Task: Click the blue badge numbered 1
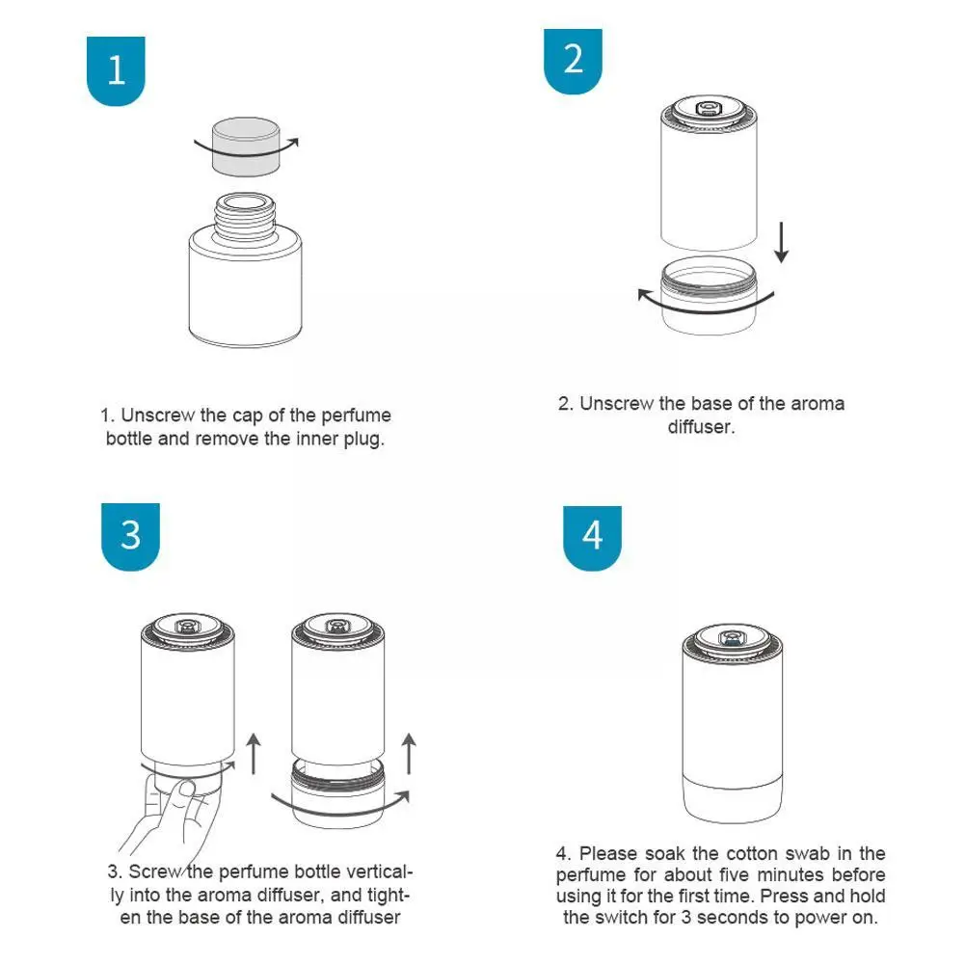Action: point(116,70)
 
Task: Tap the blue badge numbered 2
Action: point(573,61)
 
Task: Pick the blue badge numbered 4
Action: point(592,538)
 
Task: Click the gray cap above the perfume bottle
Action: point(246,147)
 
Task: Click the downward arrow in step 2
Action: point(781,243)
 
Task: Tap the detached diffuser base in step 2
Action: point(709,296)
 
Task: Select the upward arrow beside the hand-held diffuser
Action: point(254,753)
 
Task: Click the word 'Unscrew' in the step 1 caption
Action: point(157,415)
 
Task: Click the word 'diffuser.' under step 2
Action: point(701,426)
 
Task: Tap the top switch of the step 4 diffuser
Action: point(732,639)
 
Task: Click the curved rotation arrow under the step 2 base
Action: point(706,305)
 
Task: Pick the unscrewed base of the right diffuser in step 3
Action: point(337,793)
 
